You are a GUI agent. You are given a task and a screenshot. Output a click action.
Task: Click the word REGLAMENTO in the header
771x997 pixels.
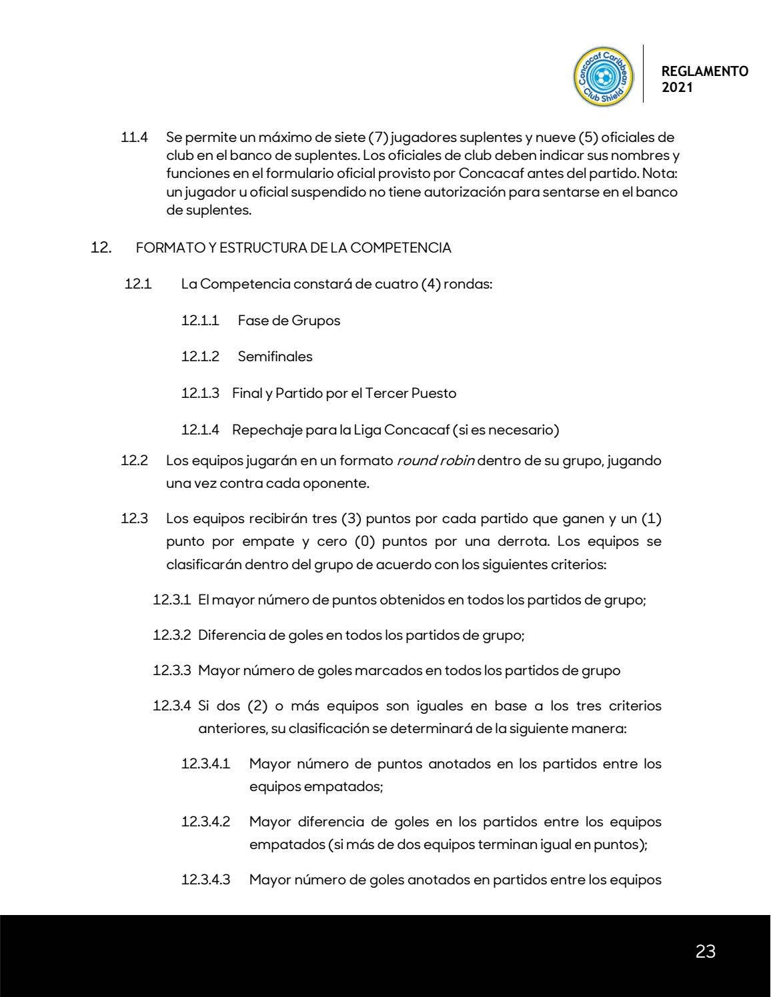704,71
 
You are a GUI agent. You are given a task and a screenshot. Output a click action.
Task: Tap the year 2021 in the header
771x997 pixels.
677,87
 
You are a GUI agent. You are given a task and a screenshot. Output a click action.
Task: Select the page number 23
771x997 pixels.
705,952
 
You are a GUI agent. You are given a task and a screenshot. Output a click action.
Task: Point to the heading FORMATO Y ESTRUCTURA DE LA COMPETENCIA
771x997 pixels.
293,249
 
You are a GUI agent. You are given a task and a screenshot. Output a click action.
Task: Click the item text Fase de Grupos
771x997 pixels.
289,321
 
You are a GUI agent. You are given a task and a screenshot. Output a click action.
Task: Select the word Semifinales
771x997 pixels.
275,357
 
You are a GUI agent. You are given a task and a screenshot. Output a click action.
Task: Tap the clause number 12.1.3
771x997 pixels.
200,393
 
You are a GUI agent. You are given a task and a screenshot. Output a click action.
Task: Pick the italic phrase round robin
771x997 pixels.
436,461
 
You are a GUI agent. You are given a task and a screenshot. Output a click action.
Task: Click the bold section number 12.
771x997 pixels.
99,248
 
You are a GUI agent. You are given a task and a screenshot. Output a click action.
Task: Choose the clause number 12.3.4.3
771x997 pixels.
205,880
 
